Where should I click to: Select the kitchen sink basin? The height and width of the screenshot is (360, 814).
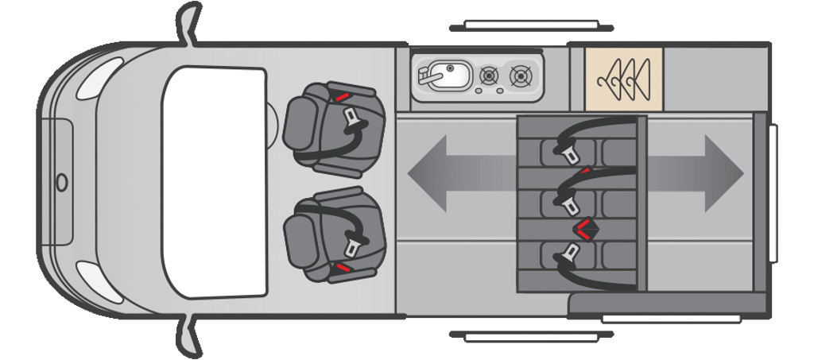pyautogui.click(x=450, y=76)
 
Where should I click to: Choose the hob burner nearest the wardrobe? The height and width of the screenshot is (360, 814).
pyautogui.click(x=521, y=76)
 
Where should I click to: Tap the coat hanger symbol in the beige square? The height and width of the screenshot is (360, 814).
pyautogui.click(x=624, y=77)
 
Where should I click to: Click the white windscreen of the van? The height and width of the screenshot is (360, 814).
pyautogui.click(x=214, y=182)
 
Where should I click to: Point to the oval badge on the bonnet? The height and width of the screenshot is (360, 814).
pyautogui.click(x=62, y=182)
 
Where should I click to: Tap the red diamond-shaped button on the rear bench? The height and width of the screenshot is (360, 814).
pyautogui.click(x=587, y=229)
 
